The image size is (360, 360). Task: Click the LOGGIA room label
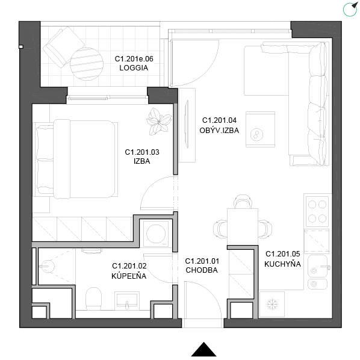(134, 68)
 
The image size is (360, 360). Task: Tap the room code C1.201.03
(142, 152)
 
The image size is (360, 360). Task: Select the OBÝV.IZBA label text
(219, 131)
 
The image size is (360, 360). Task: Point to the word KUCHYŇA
(282, 264)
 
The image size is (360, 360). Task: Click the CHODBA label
(202, 270)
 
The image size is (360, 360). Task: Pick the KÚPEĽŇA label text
(129, 276)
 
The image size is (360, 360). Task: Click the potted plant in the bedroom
(159, 121)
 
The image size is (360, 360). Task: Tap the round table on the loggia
(87, 64)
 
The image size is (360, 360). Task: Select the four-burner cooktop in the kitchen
(317, 211)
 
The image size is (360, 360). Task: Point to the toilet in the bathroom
(93, 299)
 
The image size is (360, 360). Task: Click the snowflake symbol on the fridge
(272, 304)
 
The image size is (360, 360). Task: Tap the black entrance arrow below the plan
(203, 350)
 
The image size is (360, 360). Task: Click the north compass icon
(350, 10)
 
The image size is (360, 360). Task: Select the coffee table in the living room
(260, 129)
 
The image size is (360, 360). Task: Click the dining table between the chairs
(243, 226)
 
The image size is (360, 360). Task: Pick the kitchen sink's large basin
(317, 266)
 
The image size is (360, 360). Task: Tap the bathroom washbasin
(127, 300)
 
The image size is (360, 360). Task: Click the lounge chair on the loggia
(64, 47)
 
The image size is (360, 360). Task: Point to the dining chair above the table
(243, 201)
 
